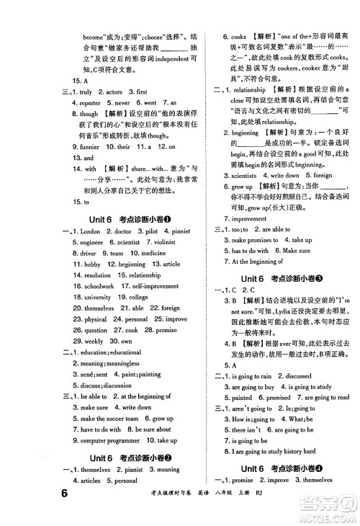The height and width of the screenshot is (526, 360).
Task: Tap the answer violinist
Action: [161, 242]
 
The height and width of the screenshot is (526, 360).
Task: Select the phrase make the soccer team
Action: [108, 418]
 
